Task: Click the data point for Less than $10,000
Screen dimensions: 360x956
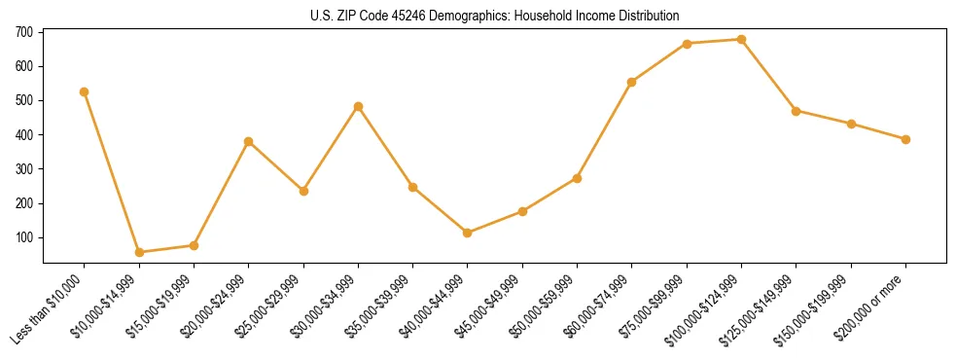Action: [85, 91]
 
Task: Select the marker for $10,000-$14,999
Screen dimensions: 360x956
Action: [139, 252]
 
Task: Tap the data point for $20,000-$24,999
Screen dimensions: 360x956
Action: [249, 141]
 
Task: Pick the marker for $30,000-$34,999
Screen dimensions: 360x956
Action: [359, 106]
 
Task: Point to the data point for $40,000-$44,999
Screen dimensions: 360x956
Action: [468, 233]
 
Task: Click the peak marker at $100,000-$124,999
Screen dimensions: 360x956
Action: [742, 40]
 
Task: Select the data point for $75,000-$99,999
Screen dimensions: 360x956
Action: [687, 44]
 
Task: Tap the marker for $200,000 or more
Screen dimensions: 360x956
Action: [905, 139]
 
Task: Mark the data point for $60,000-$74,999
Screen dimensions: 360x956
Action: [632, 82]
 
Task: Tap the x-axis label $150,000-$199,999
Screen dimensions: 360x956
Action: [820, 307]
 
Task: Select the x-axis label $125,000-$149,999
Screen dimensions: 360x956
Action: [765, 307]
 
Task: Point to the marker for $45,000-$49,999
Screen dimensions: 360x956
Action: [523, 211]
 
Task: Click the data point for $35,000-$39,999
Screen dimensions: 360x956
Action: [413, 187]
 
